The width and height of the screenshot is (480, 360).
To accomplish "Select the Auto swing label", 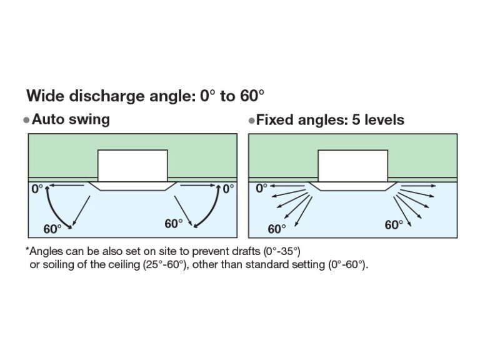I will tap(71, 119).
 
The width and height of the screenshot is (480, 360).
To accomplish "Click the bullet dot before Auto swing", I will tap(26, 120).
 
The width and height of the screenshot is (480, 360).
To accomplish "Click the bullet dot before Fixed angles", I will tap(251, 120).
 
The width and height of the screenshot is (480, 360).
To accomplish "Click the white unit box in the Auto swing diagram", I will tap(132, 166).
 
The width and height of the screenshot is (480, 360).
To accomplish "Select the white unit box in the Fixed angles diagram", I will tap(353, 166).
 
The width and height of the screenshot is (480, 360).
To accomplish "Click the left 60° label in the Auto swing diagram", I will tap(52, 229).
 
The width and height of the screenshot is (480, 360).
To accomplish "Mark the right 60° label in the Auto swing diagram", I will tap(174, 224).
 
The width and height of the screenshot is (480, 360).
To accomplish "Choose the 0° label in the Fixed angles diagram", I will tap(261, 187).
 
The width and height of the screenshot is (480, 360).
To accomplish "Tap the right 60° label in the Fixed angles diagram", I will tap(394, 225).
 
